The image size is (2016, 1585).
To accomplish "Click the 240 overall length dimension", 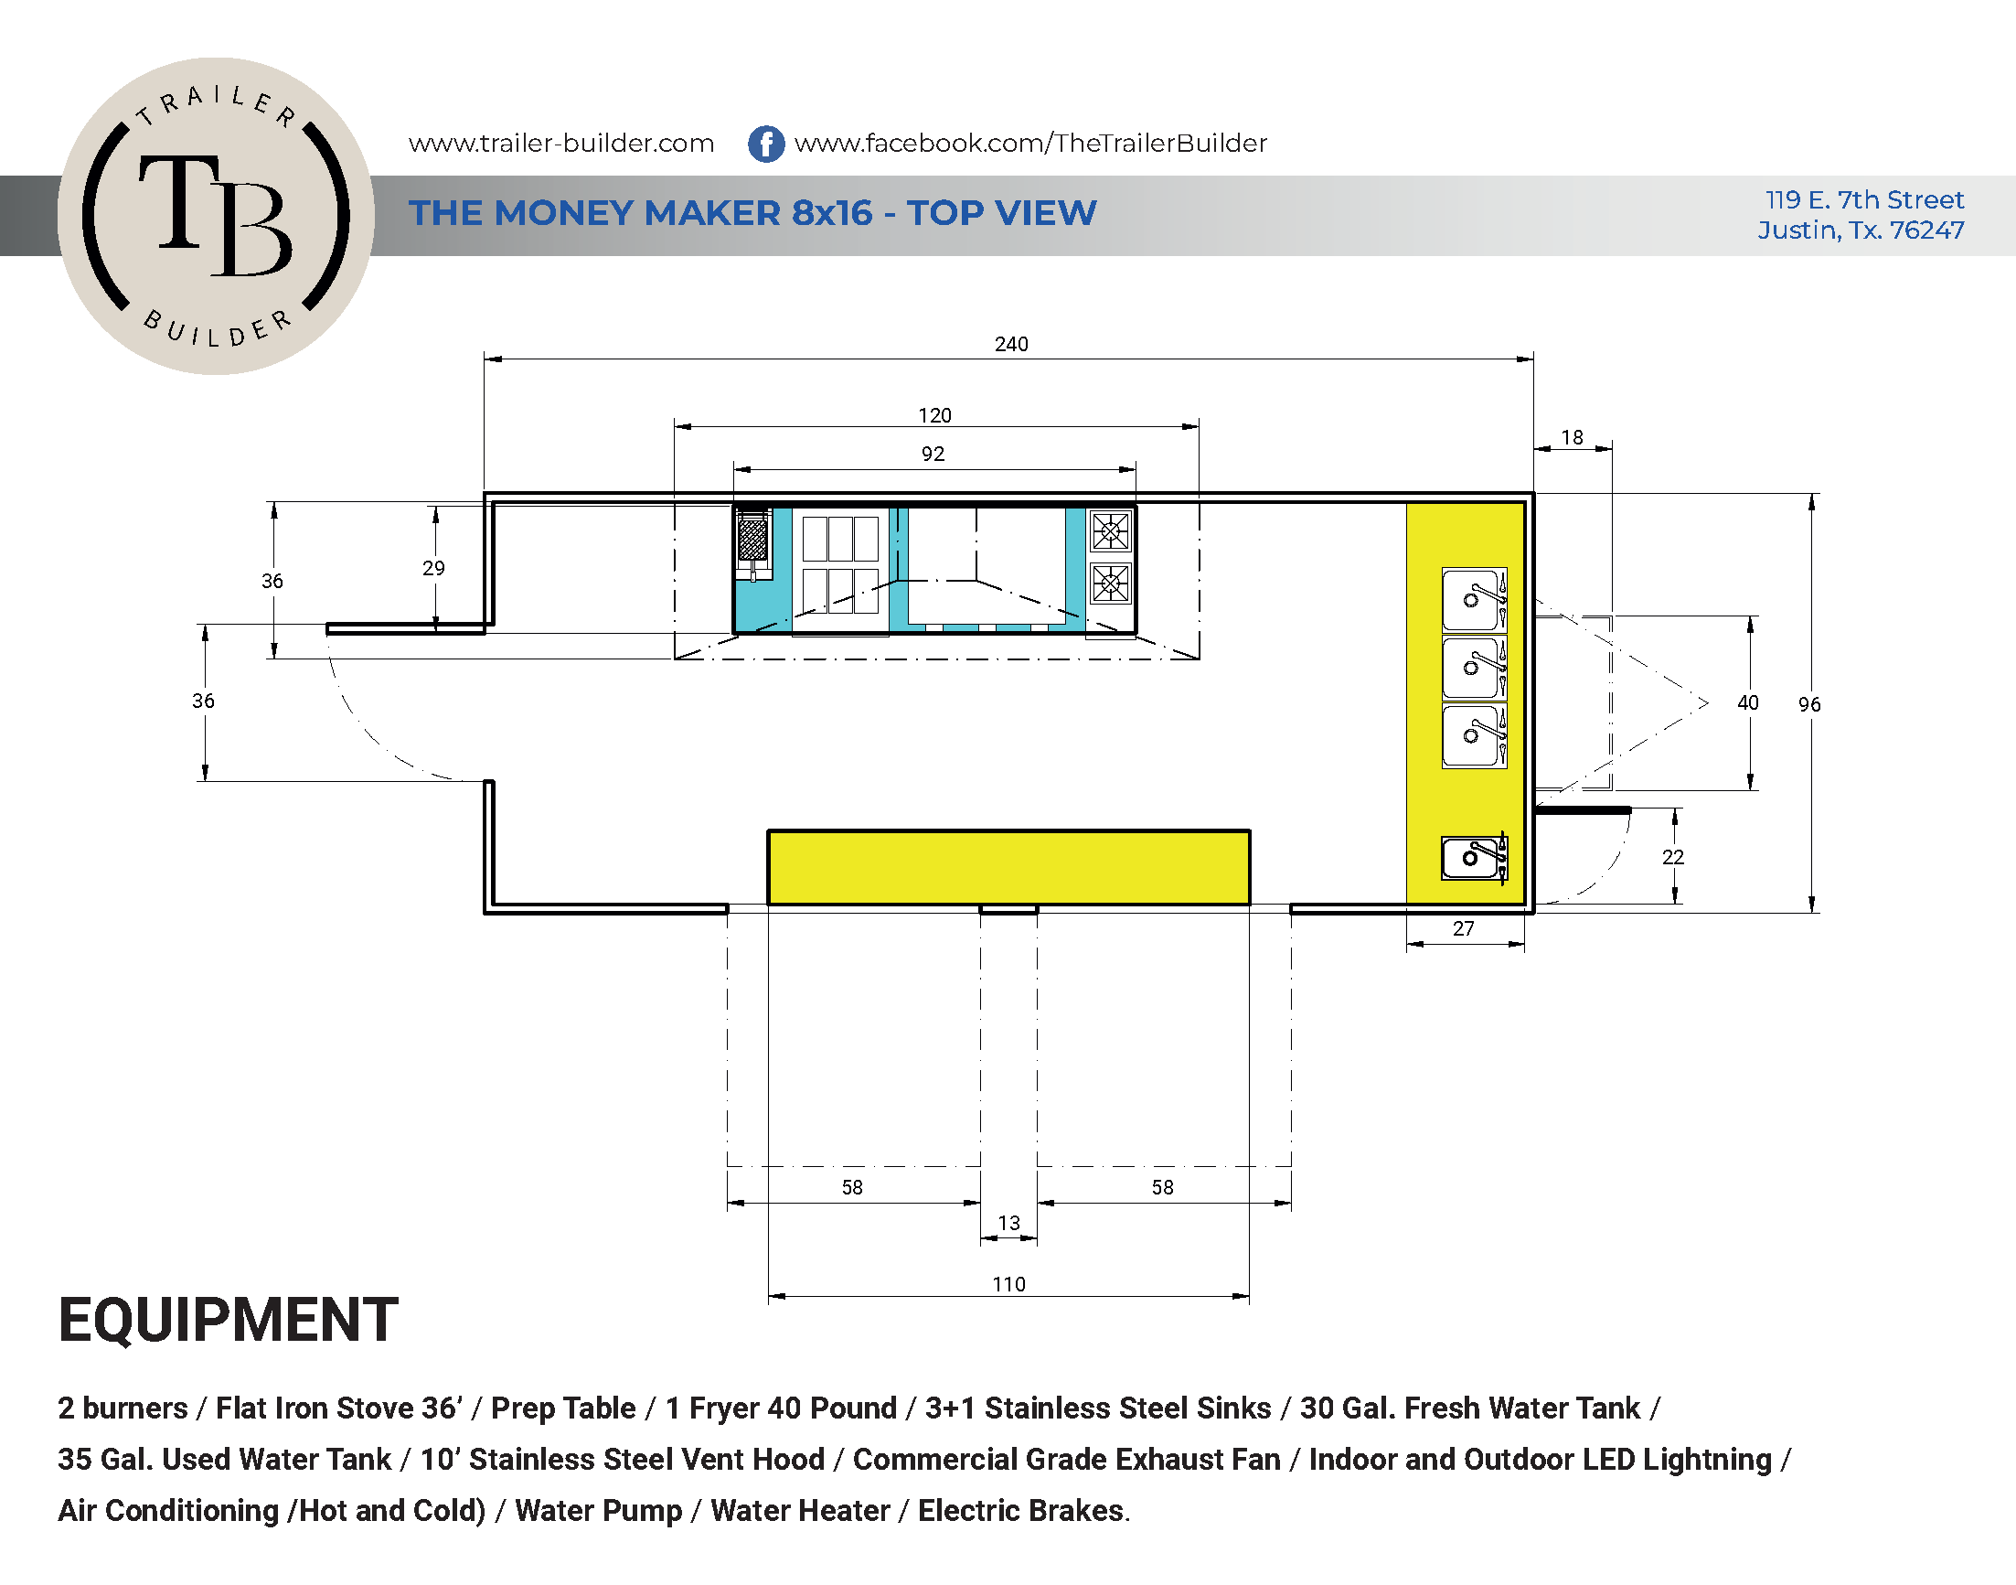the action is [1011, 344].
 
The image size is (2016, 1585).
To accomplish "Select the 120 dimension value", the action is [935, 416].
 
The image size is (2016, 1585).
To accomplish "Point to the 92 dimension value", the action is [933, 454].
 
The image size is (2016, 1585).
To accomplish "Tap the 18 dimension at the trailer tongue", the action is [1573, 437].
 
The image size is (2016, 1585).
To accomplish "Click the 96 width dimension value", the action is [1809, 704].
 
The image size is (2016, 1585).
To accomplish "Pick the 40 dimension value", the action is [1748, 702].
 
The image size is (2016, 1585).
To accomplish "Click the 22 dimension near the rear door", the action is [1673, 858].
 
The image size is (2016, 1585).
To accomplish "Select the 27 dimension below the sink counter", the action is [1463, 929].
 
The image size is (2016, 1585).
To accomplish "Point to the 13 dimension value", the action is [1009, 1223].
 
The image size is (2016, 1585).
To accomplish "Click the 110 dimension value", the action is [1009, 1284].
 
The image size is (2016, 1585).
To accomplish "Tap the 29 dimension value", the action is [433, 568].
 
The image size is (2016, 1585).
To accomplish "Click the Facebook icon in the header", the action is [766, 144].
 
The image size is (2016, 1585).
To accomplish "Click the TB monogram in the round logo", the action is [215, 215].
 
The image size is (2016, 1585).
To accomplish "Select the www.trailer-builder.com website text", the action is [561, 143].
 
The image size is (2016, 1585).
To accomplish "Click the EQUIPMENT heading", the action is [229, 1320].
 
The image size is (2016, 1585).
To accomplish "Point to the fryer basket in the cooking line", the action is [753, 538].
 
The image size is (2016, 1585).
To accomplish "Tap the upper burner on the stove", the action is [1111, 531].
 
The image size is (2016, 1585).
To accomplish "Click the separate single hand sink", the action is [1474, 858].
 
